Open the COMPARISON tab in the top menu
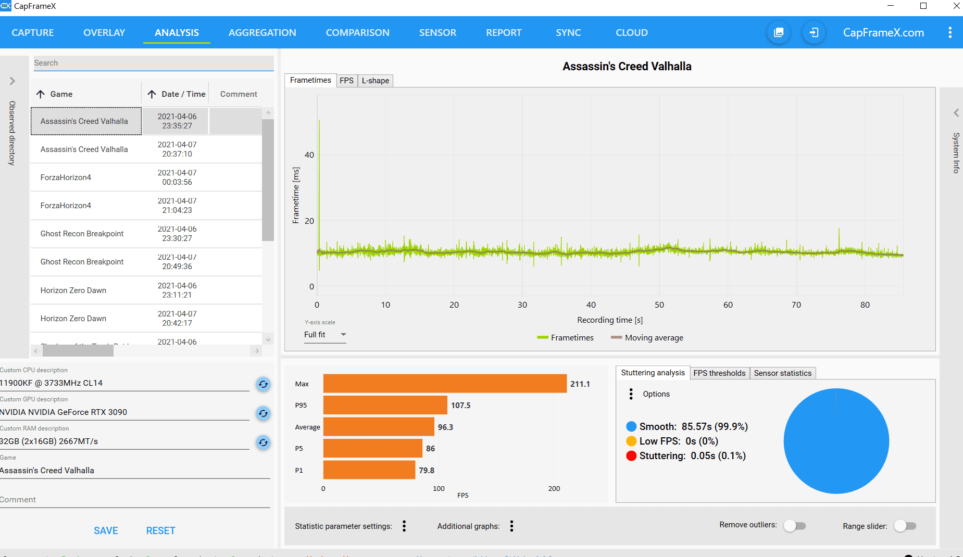click(357, 32)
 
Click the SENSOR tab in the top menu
click(437, 32)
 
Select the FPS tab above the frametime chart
click(346, 81)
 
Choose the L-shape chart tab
click(375, 81)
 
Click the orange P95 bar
click(385, 405)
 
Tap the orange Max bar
click(444, 384)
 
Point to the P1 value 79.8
click(426, 470)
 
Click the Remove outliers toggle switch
click(795, 526)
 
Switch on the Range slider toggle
click(905, 526)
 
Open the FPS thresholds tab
click(719, 373)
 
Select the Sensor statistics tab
click(782, 373)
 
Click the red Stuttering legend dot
click(631, 456)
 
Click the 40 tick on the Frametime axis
click(309, 155)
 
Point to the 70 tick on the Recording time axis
click(796, 305)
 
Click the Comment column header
click(239, 94)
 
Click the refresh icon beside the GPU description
click(264, 413)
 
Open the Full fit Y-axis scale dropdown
click(325, 335)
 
